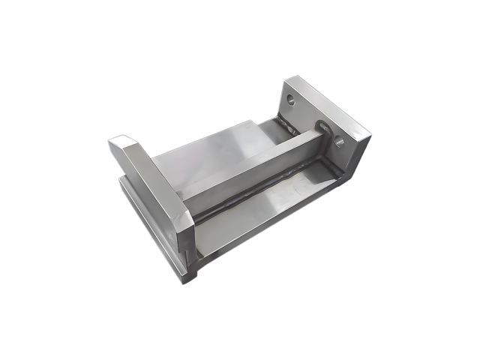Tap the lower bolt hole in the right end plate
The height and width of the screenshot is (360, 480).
[x=339, y=138]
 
